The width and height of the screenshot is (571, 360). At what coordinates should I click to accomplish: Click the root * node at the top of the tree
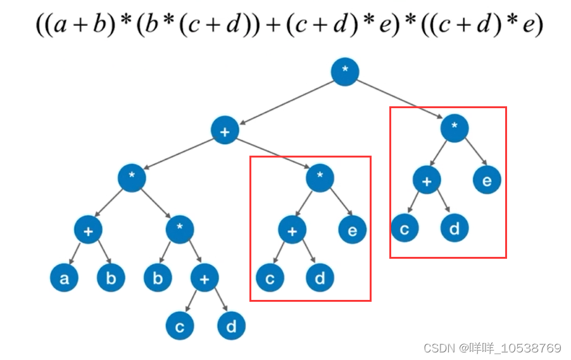[345, 73]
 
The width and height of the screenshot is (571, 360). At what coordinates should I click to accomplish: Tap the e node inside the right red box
[487, 180]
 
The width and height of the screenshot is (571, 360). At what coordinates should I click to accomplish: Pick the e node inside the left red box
[352, 230]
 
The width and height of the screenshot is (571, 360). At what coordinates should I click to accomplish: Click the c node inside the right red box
[405, 228]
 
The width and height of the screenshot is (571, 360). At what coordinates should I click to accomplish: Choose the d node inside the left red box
[320, 278]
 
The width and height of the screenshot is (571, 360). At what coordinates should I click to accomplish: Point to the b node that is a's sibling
[111, 278]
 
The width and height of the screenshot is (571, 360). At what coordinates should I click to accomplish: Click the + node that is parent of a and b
[88, 230]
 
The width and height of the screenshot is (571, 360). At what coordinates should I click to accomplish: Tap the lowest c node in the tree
[180, 326]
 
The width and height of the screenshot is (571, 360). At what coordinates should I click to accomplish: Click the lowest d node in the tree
[231, 326]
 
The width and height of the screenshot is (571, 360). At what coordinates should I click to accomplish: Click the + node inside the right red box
[427, 180]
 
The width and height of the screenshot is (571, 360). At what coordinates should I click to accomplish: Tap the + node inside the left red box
[292, 230]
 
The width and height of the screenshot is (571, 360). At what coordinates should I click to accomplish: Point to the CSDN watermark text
[492, 348]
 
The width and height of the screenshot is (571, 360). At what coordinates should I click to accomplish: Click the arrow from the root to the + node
[285, 102]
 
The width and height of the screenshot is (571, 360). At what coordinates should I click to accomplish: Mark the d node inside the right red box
[455, 228]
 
